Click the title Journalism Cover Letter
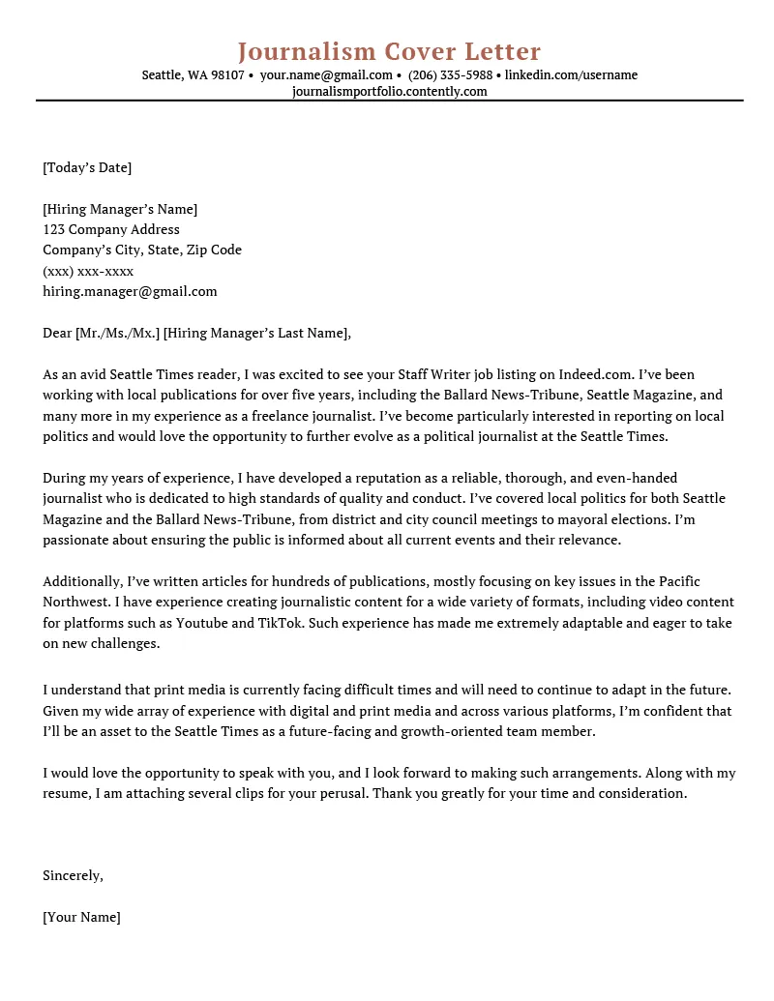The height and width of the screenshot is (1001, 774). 389,51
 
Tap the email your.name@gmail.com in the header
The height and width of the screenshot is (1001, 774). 326,75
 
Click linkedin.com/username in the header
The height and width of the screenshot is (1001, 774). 571,75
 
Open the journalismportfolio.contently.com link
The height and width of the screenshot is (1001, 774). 389,92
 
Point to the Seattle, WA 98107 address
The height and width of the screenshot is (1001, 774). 193,75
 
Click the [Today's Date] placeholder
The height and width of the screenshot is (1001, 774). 87,167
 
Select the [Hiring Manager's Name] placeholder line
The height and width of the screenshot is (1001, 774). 120,209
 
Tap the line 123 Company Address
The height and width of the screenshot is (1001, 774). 111,229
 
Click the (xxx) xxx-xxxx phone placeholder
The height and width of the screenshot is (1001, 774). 88,271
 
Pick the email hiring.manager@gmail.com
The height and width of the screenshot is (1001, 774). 130,291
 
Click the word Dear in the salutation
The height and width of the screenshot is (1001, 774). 57,334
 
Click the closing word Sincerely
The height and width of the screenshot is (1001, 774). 73,875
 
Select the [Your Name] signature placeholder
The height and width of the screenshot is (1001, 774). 81,917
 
